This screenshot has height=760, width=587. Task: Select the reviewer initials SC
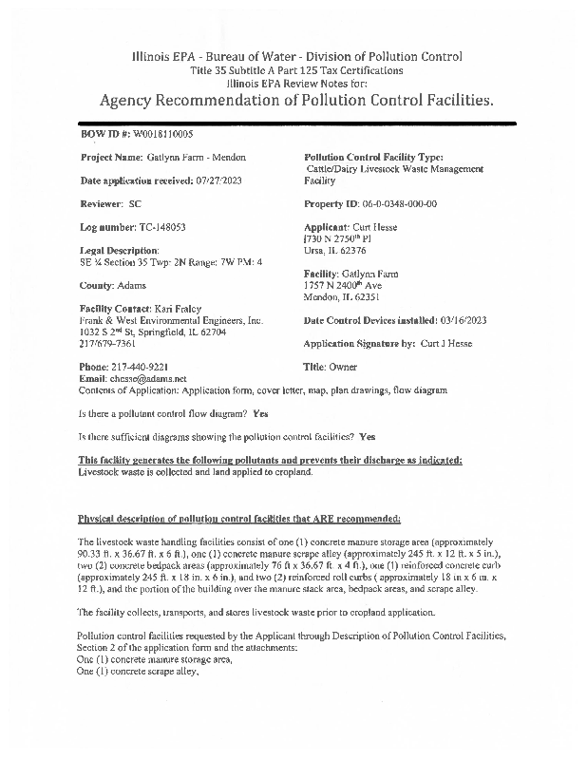tap(134, 204)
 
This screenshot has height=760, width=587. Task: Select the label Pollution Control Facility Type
tap(373, 158)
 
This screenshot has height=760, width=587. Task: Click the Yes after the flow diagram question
tap(261, 414)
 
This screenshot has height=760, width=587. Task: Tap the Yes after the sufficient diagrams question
tap(369, 437)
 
